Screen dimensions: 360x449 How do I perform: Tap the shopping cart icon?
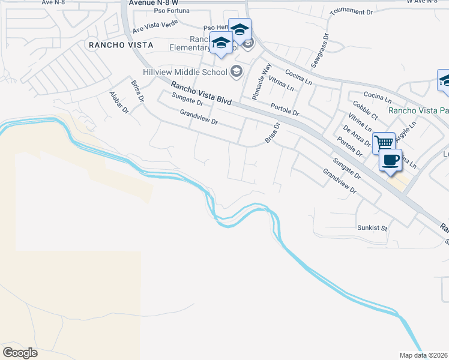tap(383, 143)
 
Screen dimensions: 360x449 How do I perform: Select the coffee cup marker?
tap(391, 160)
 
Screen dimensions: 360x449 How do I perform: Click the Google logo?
tap(20, 353)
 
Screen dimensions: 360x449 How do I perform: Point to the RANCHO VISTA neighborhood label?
tap(120, 45)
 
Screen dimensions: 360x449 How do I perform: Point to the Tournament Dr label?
tap(351, 11)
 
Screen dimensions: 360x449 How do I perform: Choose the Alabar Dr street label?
tap(119, 102)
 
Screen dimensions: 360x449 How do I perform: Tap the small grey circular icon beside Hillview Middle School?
tap(236, 72)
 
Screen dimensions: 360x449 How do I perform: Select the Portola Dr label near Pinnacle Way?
tap(285, 109)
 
